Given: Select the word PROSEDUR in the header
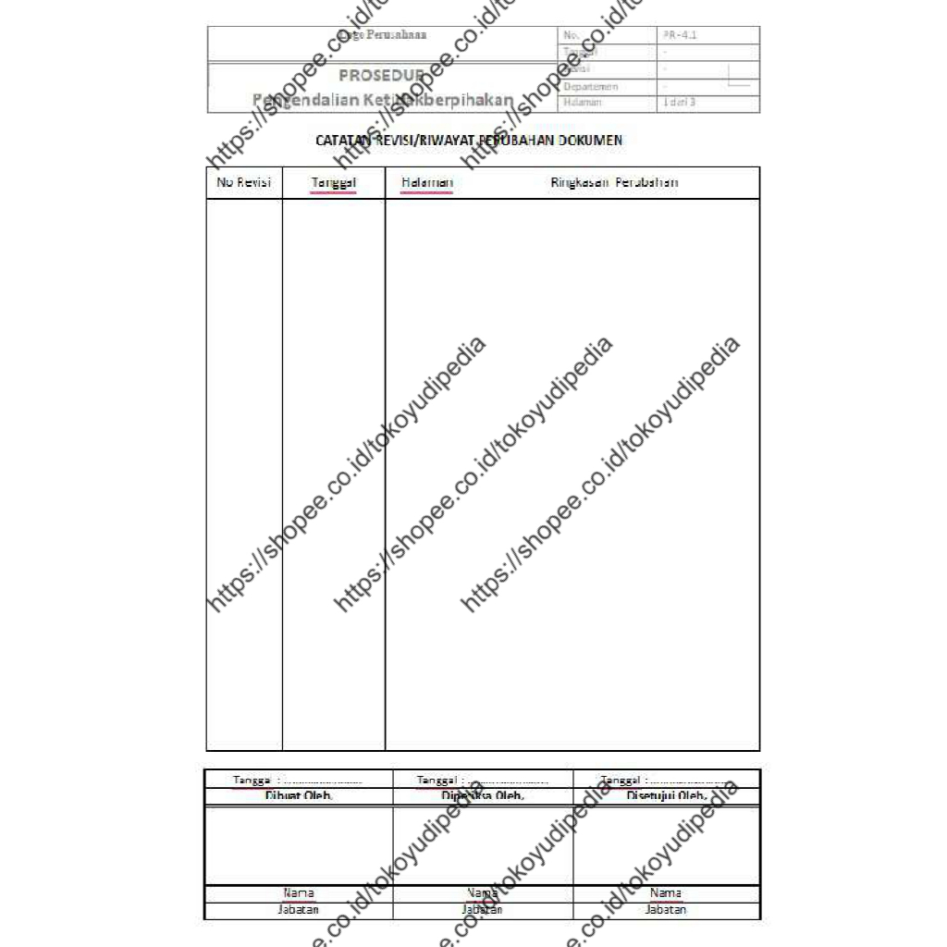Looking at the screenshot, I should (381, 76).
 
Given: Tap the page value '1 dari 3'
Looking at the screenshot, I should (679, 102).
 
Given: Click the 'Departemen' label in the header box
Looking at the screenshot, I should (590, 86).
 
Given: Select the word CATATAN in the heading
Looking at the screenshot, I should (342, 141).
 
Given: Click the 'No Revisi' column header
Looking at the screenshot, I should (244, 182).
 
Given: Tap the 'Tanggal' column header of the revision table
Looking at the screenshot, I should (334, 183).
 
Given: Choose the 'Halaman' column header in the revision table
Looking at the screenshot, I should (427, 182).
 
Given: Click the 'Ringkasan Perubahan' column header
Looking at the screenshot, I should (614, 182).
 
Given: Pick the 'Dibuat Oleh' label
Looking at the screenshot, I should (299, 795).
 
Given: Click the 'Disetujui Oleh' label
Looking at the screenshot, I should (667, 795).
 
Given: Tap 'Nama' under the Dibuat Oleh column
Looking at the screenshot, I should (298, 893).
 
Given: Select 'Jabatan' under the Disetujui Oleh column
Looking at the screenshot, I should (666, 910).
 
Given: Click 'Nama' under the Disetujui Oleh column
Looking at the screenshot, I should (666, 893).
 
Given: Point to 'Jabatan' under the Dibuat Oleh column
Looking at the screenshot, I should (298, 910).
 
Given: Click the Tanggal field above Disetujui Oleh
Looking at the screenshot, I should (664, 781).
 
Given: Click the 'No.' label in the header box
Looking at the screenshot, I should (570, 35).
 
